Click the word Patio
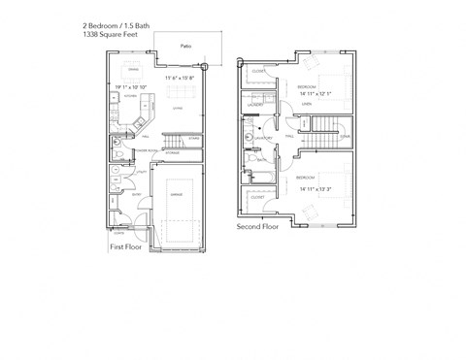(x=184, y=45)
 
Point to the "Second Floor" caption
(x=256, y=225)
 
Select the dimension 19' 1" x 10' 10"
(x=131, y=87)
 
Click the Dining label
(x=135, y=69)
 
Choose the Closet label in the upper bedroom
(x=259, y=71)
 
